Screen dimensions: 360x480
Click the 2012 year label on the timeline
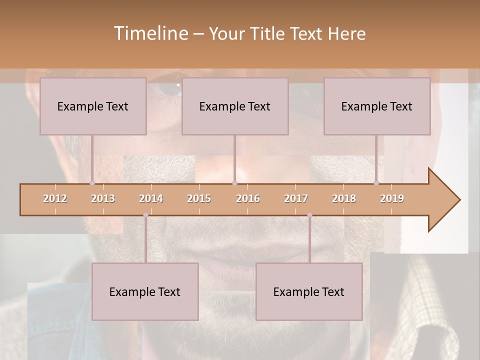click(x=55, y=198)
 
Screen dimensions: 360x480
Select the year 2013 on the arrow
click(x=103, y=198)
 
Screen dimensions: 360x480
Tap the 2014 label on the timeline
click(x=151, y=198)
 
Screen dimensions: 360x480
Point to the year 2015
click(x=199, y=198)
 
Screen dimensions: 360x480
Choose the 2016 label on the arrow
click(x=248, y=198)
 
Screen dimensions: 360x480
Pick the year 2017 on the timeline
click(x=296, y=198)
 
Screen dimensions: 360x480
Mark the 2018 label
click(x=344, y=198)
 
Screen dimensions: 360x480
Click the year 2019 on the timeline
click(x=392, y=198)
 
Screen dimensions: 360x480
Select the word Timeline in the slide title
click(x=150, y=33)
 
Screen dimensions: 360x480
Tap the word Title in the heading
click(x=270, y=33)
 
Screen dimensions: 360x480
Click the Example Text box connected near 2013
click(x=93, y=106)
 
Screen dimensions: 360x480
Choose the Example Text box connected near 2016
click(x=235, y=106)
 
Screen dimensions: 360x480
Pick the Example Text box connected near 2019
click(x=377, y=106)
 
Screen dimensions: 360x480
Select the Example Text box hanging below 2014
click(x=145, y=291)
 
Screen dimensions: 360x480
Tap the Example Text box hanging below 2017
click(x=309, y=291)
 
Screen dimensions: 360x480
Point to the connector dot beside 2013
click(x=92, y=183)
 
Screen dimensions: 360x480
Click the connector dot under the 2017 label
click(x=309, y=215)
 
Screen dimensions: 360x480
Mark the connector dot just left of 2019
click(x=376, y=183)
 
